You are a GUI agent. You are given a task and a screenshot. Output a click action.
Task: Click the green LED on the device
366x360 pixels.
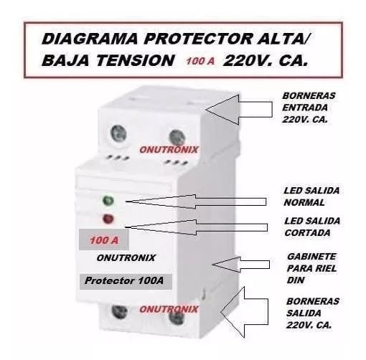(108, 200)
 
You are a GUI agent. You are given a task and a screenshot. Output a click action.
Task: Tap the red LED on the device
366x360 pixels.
(108, 219)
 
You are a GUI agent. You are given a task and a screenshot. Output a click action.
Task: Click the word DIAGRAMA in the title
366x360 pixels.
(90, 39)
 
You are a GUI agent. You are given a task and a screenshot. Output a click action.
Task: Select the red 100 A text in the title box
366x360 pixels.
(200, 61)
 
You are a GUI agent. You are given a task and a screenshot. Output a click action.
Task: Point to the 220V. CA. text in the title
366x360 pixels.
(266, 61)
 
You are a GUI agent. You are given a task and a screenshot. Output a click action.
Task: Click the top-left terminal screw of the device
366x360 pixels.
(118, 134)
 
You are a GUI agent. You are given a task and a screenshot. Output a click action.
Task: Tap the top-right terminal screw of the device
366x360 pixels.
(177, 138)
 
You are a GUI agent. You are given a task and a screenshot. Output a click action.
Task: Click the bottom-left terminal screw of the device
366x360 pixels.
(119, 312)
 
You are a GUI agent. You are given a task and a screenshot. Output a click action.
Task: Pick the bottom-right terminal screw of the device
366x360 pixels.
(177, 317)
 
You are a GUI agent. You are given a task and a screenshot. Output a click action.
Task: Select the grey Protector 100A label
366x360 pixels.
(126, 281)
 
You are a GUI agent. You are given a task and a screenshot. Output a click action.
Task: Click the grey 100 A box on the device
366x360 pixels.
(104, 240)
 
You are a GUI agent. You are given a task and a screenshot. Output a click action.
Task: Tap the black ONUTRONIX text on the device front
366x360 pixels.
(126, 258)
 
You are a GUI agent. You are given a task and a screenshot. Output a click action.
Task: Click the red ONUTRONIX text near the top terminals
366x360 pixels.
(169, 150)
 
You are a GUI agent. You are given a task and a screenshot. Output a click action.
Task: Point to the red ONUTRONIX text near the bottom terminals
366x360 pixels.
(169, 309)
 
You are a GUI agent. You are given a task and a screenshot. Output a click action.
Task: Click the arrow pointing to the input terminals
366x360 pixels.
(239, 110)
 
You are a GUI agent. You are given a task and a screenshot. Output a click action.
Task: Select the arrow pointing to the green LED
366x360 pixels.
(196, 202)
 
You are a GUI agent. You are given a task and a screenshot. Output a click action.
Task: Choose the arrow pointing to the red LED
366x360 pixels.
(197, 227)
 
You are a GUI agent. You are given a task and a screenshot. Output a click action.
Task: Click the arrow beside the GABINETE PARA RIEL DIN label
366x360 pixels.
(241, 265)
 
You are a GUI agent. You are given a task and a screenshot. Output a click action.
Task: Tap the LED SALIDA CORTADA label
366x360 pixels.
(312, 227)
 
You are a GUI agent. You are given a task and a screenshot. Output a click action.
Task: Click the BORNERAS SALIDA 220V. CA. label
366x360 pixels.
(312, 313)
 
